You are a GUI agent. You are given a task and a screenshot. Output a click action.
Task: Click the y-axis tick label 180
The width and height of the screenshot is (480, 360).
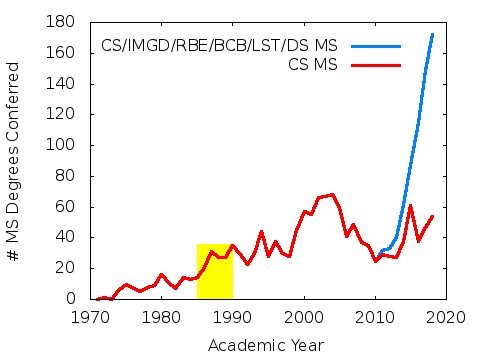(64, 22)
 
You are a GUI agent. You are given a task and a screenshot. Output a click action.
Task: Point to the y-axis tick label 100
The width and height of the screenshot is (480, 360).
(64, 145)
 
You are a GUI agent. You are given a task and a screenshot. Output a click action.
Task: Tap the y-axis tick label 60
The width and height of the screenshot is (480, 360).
(68, 207)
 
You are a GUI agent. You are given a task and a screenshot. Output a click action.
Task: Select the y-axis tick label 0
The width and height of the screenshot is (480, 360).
(72, 299)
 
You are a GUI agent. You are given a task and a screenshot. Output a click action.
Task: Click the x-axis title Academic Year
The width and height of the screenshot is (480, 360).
(265, 345)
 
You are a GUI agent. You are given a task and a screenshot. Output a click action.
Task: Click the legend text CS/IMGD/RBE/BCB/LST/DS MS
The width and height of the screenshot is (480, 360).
(219, 46)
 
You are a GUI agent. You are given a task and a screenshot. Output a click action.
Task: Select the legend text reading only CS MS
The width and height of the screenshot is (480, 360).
(311, 64)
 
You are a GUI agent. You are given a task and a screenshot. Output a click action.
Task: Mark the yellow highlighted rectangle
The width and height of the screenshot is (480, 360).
(214, 271)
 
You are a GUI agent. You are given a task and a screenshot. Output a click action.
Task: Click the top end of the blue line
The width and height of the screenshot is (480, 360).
(432, 34)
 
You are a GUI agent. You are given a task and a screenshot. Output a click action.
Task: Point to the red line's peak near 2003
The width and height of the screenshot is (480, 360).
(332, 194)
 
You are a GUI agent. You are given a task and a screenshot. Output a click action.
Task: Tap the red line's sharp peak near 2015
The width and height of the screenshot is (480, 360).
(410, 206)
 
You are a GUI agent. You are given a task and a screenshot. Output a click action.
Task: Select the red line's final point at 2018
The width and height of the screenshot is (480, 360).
(432, 216)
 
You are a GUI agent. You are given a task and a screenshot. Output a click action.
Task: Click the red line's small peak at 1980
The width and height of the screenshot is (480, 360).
(162, 274)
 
